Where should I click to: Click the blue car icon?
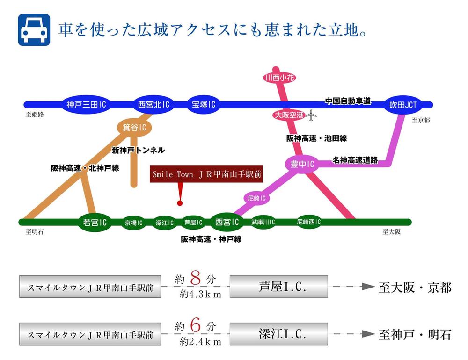point(34,29)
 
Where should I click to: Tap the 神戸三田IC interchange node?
point(87,105)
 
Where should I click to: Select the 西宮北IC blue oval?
point(153,105)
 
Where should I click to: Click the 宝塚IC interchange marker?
point(204,105)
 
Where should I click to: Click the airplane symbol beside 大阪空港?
point(311,115)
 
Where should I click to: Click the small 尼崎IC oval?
point(257,198)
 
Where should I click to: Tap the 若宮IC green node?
point(95,223)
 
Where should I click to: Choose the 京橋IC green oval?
point(134,223)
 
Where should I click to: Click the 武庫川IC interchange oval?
point(263,223)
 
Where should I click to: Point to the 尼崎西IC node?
point(309,222)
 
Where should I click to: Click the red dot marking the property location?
point(179,203)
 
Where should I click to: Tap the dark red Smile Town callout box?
point(206,174)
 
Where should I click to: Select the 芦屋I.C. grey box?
point(279,286)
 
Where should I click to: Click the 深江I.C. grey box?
point(279,334)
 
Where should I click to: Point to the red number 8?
point(197,279)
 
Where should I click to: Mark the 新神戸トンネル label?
point(138,150)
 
